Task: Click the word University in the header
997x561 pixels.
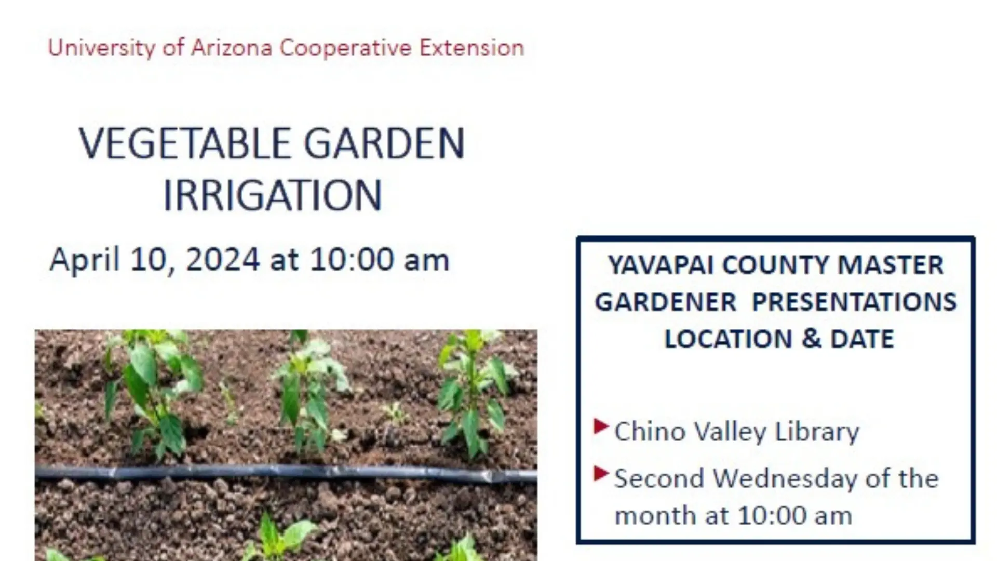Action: click(x=101, y=48)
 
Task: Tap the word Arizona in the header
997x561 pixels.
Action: click(x=232, y=48)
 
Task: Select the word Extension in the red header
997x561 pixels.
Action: click(x=471, y=48)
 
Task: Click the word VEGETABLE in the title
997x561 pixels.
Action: click(x=184, y=144)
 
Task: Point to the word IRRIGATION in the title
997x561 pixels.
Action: click(x=273, y=196)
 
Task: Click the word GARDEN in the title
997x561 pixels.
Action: click(x=384, y=144)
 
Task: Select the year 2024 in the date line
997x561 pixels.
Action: click(x=223, y=260)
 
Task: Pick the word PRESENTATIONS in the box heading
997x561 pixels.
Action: click(x=854, y=302)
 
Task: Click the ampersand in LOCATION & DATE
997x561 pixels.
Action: click(x=811, y=339)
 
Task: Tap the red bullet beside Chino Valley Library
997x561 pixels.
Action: click(x=601, y=427)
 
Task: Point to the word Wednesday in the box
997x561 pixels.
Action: click(x=785, y=479)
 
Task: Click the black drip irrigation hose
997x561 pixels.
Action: click(x=286, y=472)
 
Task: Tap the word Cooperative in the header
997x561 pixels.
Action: click(x=345, y=48)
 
